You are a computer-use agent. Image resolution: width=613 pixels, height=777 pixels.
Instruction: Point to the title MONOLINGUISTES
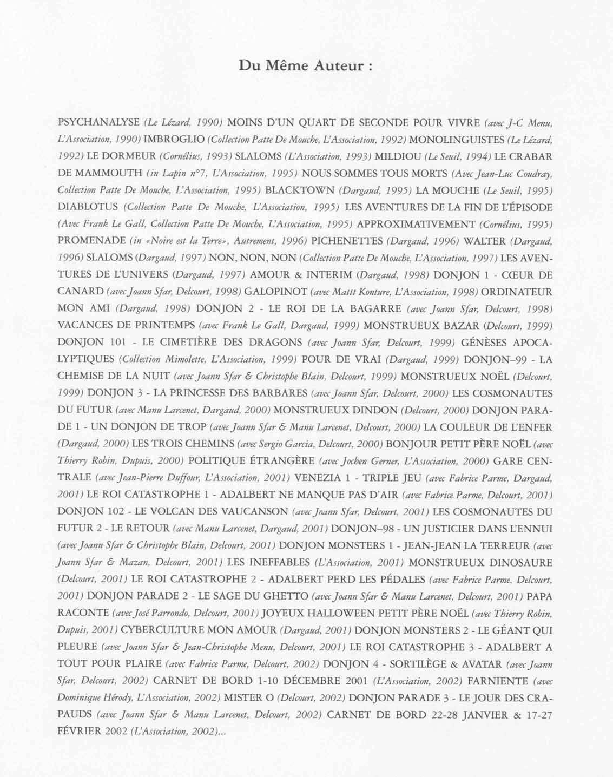(x=457, y=140)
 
